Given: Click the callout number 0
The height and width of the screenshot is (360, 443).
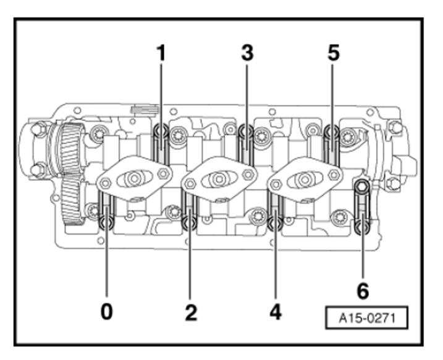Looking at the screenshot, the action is [x=107, y=312].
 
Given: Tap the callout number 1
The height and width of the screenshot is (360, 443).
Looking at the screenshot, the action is [x=161, y=53].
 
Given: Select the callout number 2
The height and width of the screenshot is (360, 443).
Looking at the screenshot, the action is [x=191, y=312].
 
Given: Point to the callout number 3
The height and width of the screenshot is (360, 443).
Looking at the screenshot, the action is [x=247, y=53].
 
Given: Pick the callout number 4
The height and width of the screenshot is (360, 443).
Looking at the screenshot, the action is [x=276, y=312].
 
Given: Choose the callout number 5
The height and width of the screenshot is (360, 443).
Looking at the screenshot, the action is [x=334, y=53].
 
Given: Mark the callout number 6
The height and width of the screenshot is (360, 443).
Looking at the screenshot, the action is [x=363, y=291].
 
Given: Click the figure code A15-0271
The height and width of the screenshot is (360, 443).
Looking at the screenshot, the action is [x=367, y=318].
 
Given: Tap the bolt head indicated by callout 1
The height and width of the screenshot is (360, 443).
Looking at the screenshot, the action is [x=161, y=131].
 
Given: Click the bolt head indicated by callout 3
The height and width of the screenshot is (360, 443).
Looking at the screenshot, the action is [x=247, y=131].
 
